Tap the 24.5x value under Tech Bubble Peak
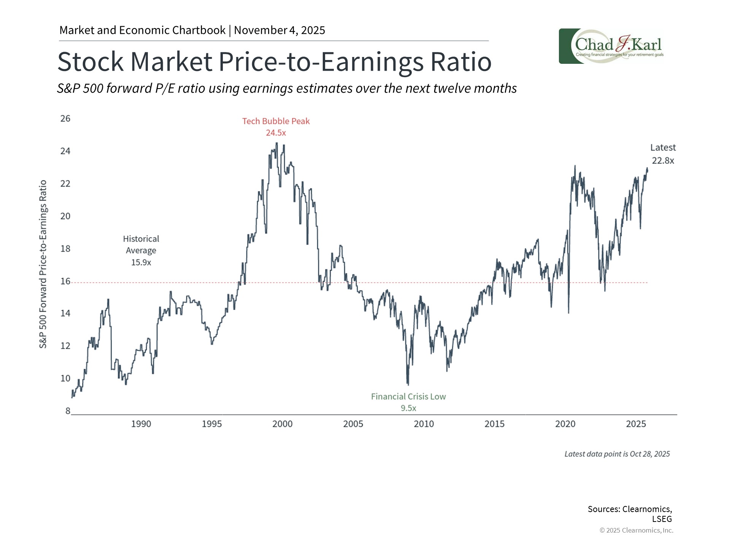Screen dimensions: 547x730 (276, 133)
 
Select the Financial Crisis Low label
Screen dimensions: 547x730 (408, 397)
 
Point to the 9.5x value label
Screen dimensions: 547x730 (408, 408)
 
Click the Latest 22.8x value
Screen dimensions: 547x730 (663, 161)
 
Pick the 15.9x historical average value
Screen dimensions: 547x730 (141, 262)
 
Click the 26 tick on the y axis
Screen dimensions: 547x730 (65, 119)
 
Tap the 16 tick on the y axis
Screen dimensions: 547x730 (65, 281)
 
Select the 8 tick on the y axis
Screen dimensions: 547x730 (68, 411)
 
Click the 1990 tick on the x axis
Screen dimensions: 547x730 (141, 424)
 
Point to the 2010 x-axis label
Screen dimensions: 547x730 (424, 424)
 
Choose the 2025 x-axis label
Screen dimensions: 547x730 (636, 424)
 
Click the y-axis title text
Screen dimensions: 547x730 (43, 264)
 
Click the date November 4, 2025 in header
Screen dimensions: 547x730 (279, 30)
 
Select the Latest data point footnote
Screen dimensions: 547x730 (617, 454)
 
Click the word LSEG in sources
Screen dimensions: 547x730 (662, 519)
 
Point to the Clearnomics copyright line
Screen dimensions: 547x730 (636, 530)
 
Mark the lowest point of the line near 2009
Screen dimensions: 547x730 (408, 384)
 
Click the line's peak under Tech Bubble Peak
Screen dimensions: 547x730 (276, 143)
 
